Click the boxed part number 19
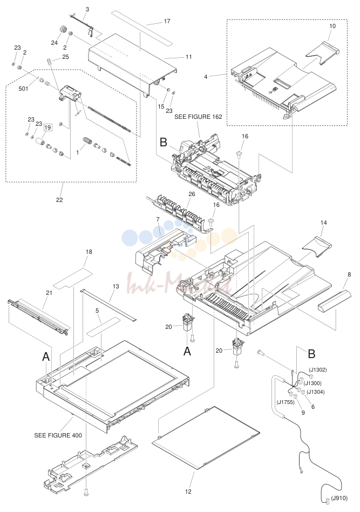coord(47,127)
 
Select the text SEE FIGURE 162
coord(198,117)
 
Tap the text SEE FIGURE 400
coord(58,435)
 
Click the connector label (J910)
coord(339,498)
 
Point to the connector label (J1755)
coord(286,402)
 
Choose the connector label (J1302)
coord(317,370)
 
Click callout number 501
coord(23,89)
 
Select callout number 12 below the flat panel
coord(188,491)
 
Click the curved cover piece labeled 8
coord(335,300)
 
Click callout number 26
coord(192,194)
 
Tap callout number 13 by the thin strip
coord(116,286)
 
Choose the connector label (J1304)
coord(316,392)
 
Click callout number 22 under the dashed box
coord(59,200)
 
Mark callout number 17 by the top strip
coord(167,21)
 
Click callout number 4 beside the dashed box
coord(206,77)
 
